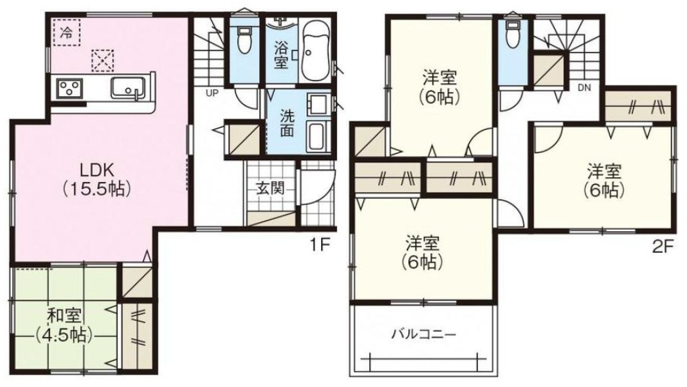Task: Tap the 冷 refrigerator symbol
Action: (66, 32)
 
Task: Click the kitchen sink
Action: (128, 88)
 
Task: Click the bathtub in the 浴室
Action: (315, 52)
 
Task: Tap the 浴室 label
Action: (281, 55)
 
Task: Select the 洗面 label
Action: (287, 123)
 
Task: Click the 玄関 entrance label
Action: (270, 188)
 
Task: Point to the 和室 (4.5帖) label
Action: (65, 325)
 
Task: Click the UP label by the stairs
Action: (212, 93)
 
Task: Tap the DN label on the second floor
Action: (584, 88)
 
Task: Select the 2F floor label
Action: (662, 248)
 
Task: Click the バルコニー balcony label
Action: (424, 335)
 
